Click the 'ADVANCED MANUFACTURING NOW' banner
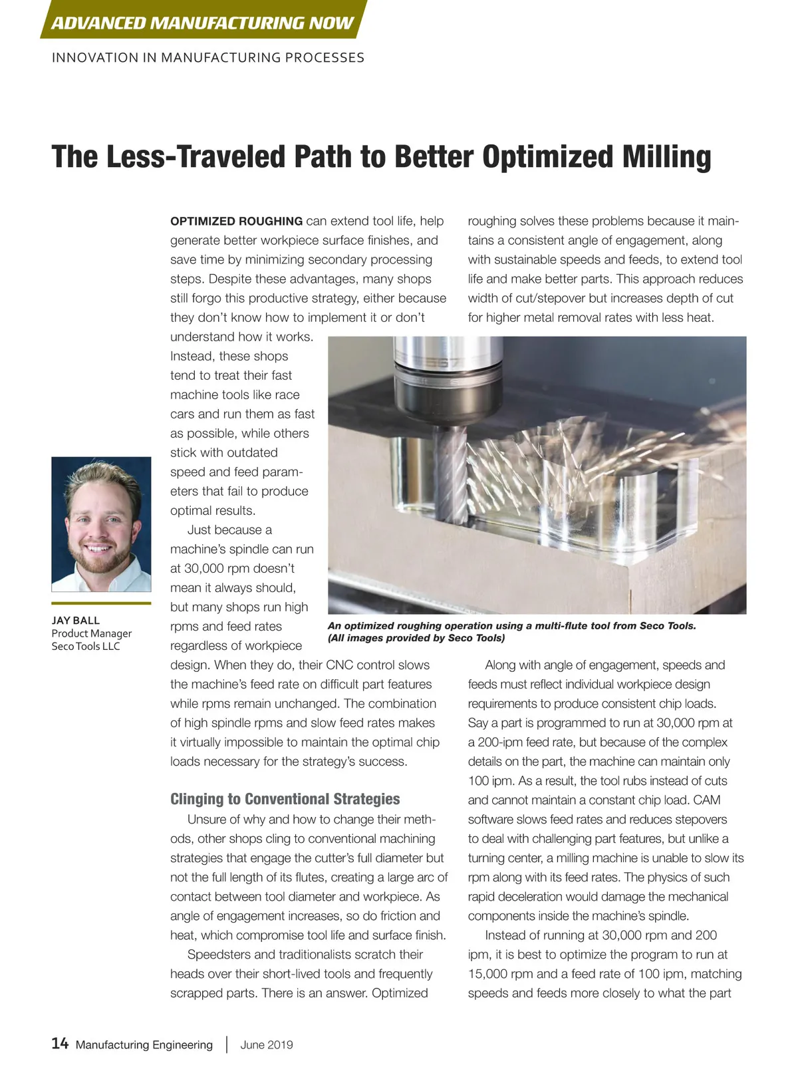pos(202,23)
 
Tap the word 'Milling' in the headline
pos(666,157)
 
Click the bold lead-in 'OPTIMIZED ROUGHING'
pos(236,222)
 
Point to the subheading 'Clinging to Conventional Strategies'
pos(285,799)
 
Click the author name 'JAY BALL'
pos(76,620)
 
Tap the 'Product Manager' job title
pos(92,633)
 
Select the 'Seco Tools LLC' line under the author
pos(86,646)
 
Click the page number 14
pos(60,1043)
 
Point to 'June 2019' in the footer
pos(266,1044)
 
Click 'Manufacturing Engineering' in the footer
pos(144,1044)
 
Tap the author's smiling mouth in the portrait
pos(98,549)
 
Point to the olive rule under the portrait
pos(101,603)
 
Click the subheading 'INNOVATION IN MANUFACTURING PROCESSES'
pos(207,58)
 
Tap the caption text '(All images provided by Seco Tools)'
pos(416,638)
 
